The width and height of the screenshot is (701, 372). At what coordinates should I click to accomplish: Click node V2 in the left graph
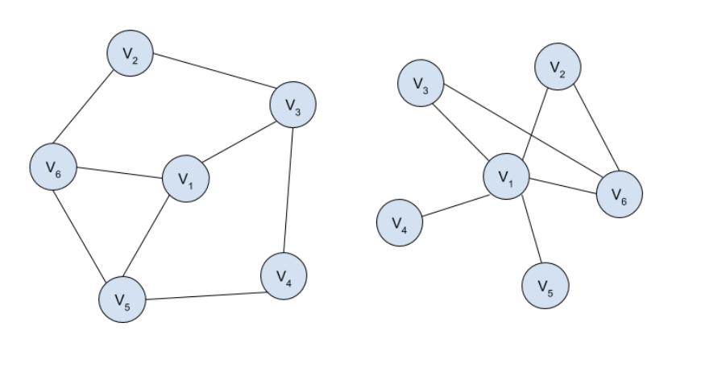click(x=130, y=54)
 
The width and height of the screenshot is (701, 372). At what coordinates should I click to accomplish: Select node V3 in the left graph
click(x=292, y=103)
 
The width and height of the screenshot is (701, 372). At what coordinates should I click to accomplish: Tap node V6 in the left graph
click(x=53, y=167)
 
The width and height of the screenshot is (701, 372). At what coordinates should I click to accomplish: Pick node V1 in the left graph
click(x=186, y=179)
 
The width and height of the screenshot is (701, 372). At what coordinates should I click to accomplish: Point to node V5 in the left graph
click(x=122, y=300)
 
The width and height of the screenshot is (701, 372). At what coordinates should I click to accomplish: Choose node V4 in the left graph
click(x=284, y=276)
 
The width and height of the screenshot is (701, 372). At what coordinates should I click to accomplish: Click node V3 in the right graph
click(x=420, y=83)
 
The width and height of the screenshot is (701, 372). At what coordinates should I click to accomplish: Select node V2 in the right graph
click(x=557, y=67)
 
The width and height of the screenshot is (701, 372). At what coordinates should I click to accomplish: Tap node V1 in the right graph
click(x=505, y=175)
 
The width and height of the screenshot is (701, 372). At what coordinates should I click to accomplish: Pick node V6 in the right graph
click(x=619, y=194)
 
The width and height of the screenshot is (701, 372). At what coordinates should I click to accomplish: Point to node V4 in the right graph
click(x=400, y=223)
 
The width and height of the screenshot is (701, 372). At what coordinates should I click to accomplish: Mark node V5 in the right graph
click(x=545, y=284)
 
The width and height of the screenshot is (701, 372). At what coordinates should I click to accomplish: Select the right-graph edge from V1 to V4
click(x=453, y=206)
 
